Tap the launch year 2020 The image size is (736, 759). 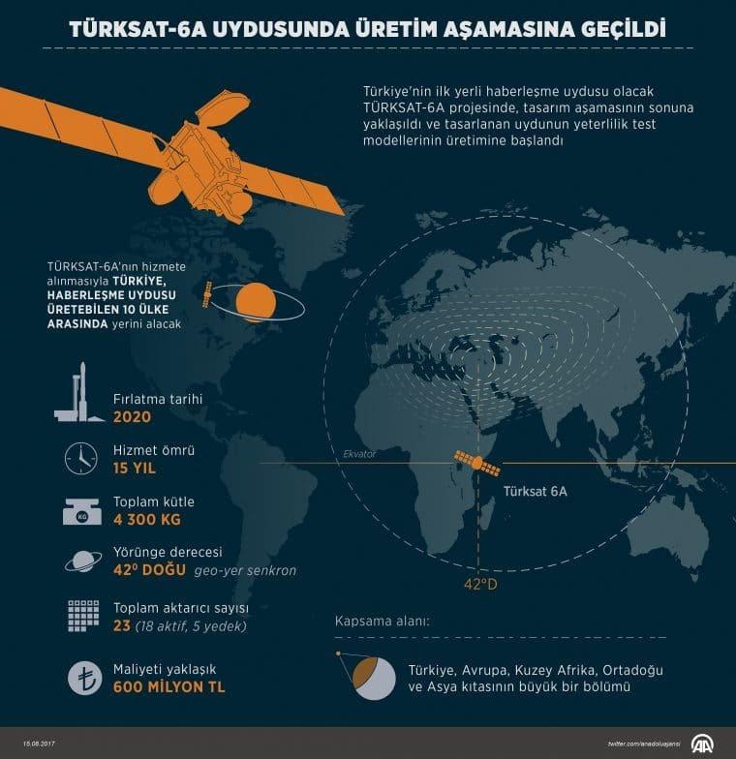click(133, 419)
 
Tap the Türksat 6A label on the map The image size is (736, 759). click(535, 492)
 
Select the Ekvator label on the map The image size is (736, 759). click(359, 453)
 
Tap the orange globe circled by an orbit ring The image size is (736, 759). click(257, 302)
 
